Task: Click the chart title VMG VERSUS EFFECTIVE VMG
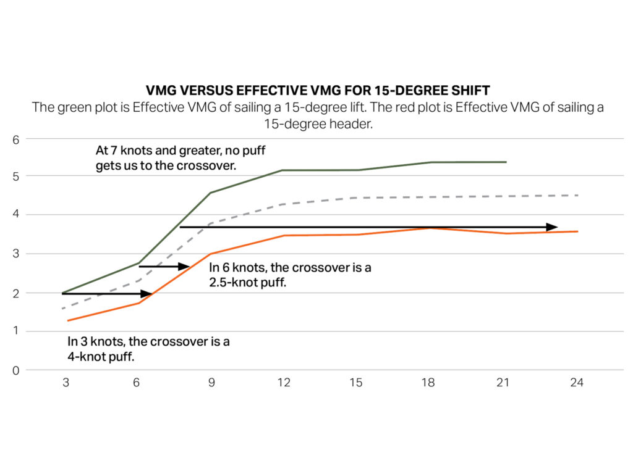pyautogui.click(x=317, y=91)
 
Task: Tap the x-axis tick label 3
pyautogui.click(x=66, y=383)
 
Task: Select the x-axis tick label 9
pyautogui.click(x=211, y=383)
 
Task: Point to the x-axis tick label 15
pyautogui.click(x=355, y=383)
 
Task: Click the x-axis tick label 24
pyautogui.click(x=576, y=383)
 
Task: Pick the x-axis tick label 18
pyautogui.click(x=429, y=383)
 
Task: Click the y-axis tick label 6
pyautogui.click(x=17, y=139)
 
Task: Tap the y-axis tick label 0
pyautogui.click(x=17, y=370)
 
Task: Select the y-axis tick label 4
pyautogui.click(x=17, y=215)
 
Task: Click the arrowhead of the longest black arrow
pyautogui.click(x=554, y=227)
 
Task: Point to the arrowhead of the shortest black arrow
pyautogui.click(x=185, y=267)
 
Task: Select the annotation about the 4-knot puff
pyautogui.click(x=148, y=349)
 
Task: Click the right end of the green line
pyautogui.click(x=506, y=162)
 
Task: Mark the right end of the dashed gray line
pyautogui.click(x=577, y=195)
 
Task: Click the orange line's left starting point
pyautogui.click(x=67, y=320)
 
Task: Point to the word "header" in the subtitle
pyautogui.click(x=334, y=123)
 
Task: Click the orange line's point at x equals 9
pyautogui.click(x=211, y=254)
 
